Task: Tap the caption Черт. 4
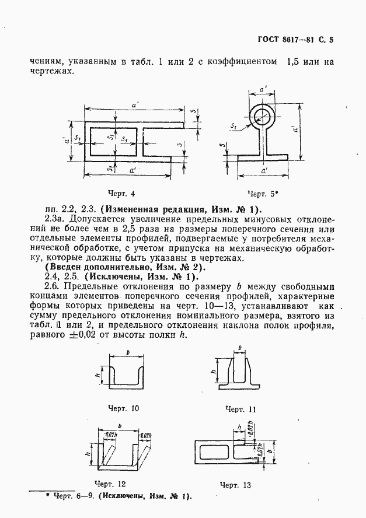click(x=122, y=194)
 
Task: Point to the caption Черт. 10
click(x=123, y=408)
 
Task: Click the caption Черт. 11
click(x=240, y=409)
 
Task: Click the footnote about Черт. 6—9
click(x=119, y=496)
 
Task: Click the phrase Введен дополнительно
click(x=90, y=267)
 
